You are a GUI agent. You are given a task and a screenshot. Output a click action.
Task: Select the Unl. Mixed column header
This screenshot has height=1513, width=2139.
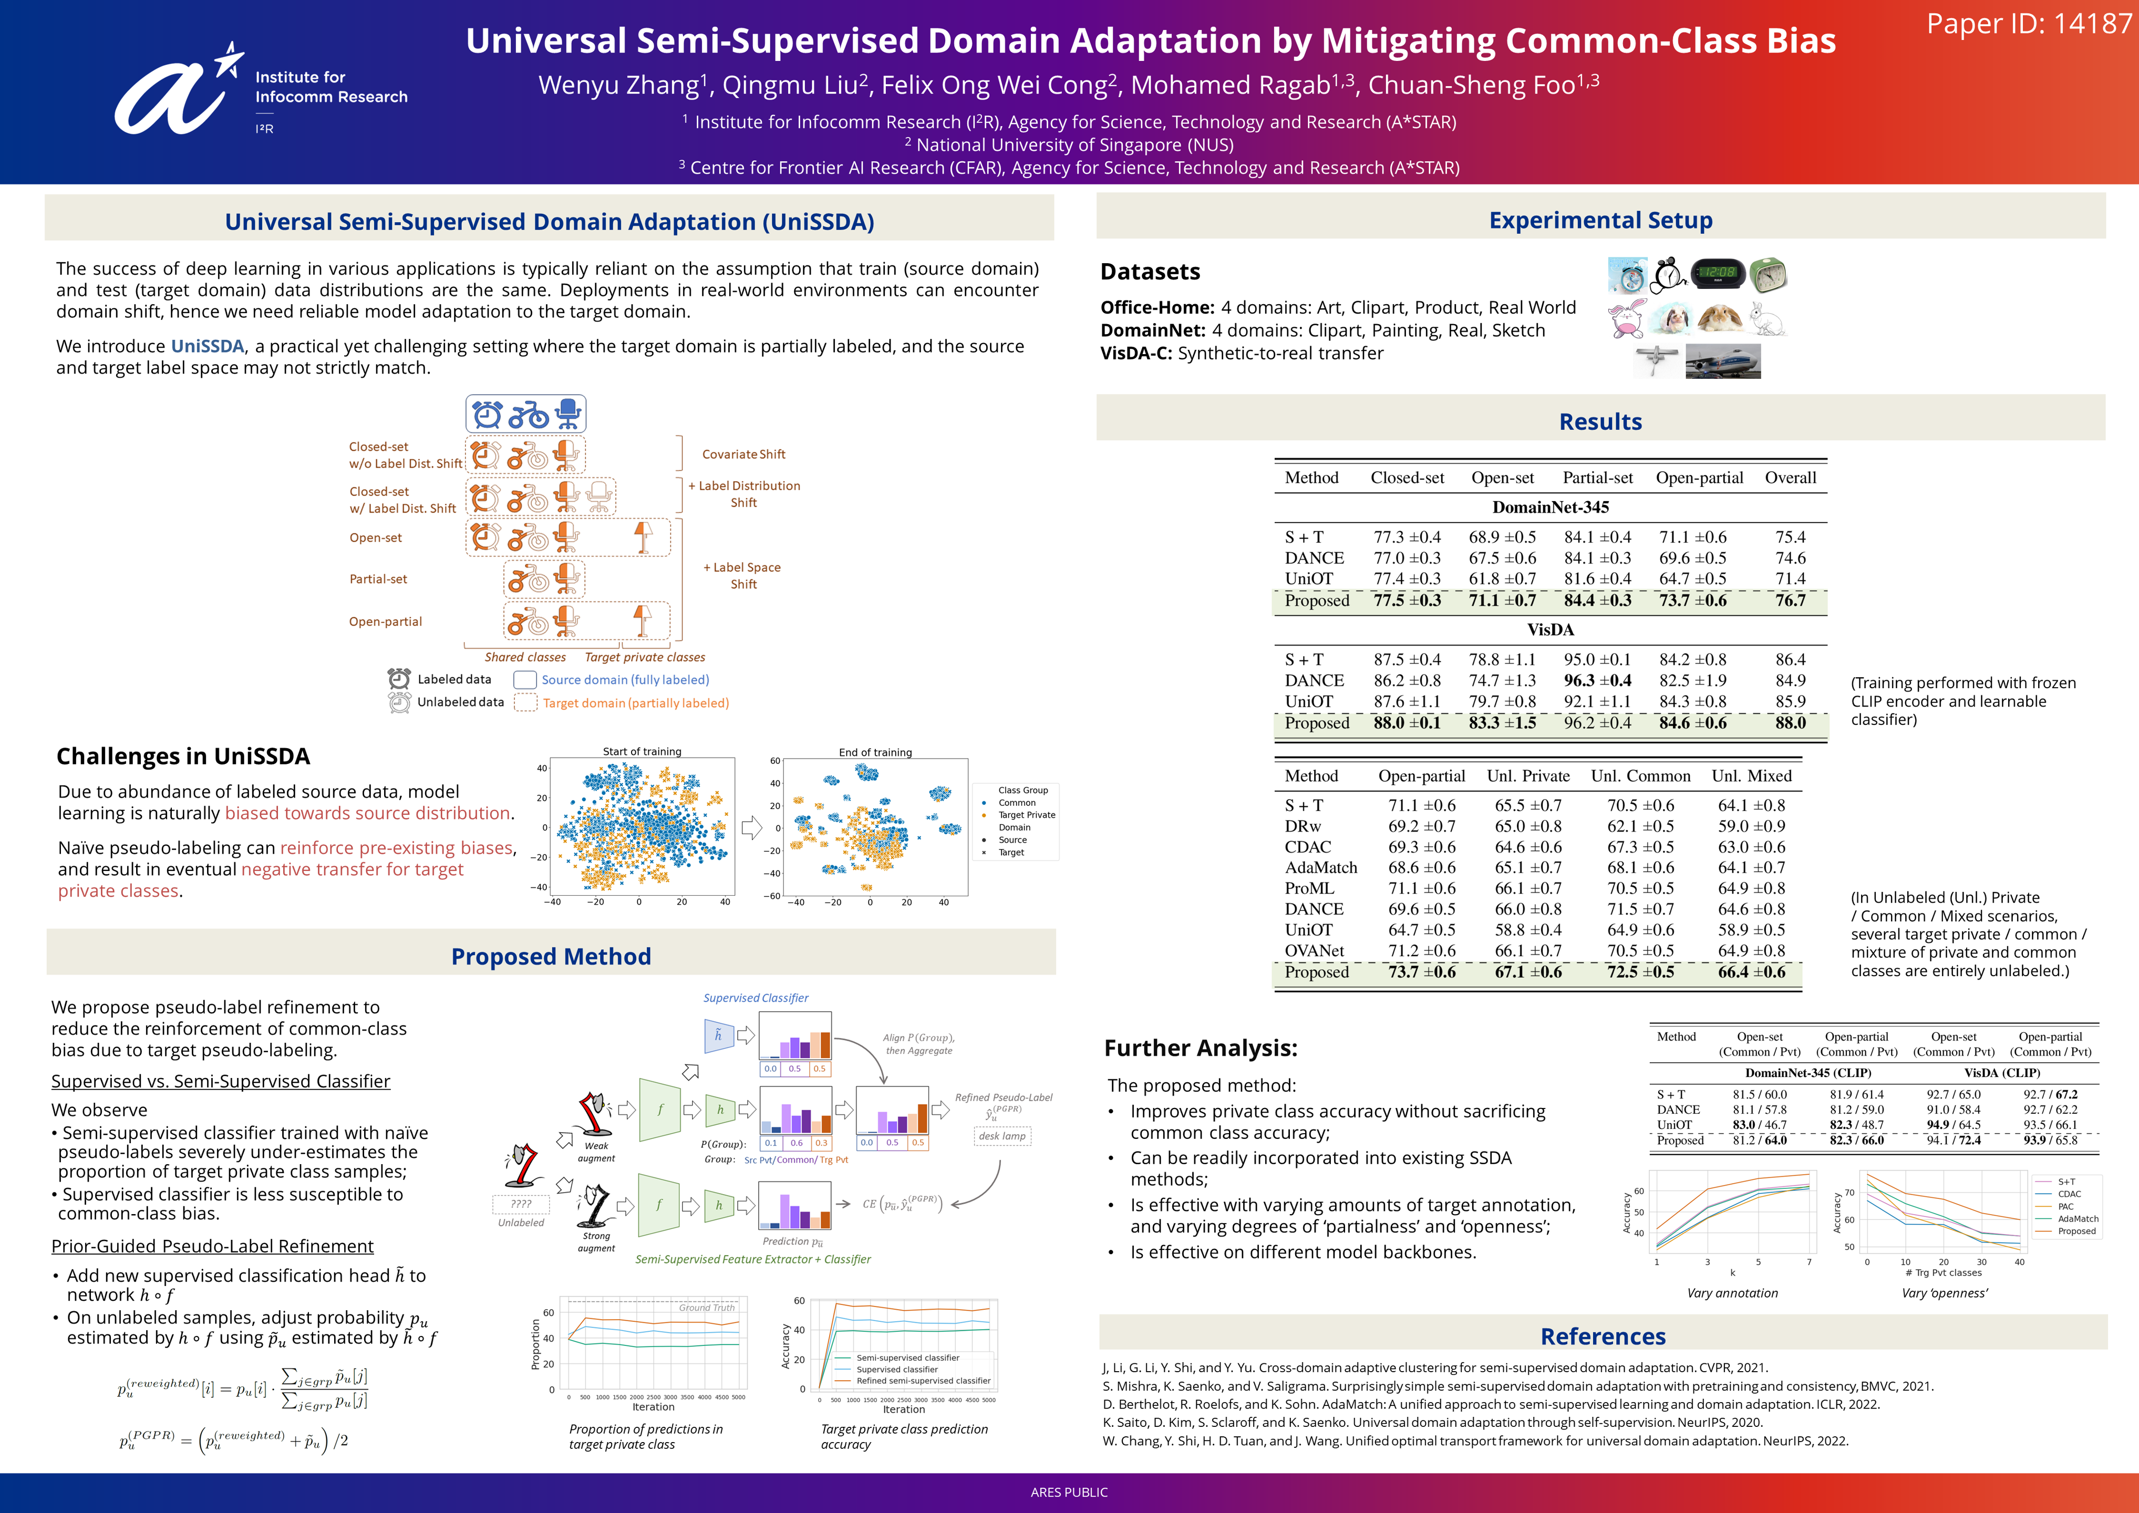tap(1751, 776)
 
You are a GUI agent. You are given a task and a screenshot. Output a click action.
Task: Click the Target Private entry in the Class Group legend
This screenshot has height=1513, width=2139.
tap(1027, 815)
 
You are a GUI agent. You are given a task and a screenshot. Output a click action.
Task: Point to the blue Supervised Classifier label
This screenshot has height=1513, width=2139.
tap(756, 998)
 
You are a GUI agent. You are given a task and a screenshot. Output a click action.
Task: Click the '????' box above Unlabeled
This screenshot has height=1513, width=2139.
tap(521, 1204)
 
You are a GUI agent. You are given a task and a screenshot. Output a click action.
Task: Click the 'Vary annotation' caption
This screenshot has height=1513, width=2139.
tap(1732, 1293)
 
